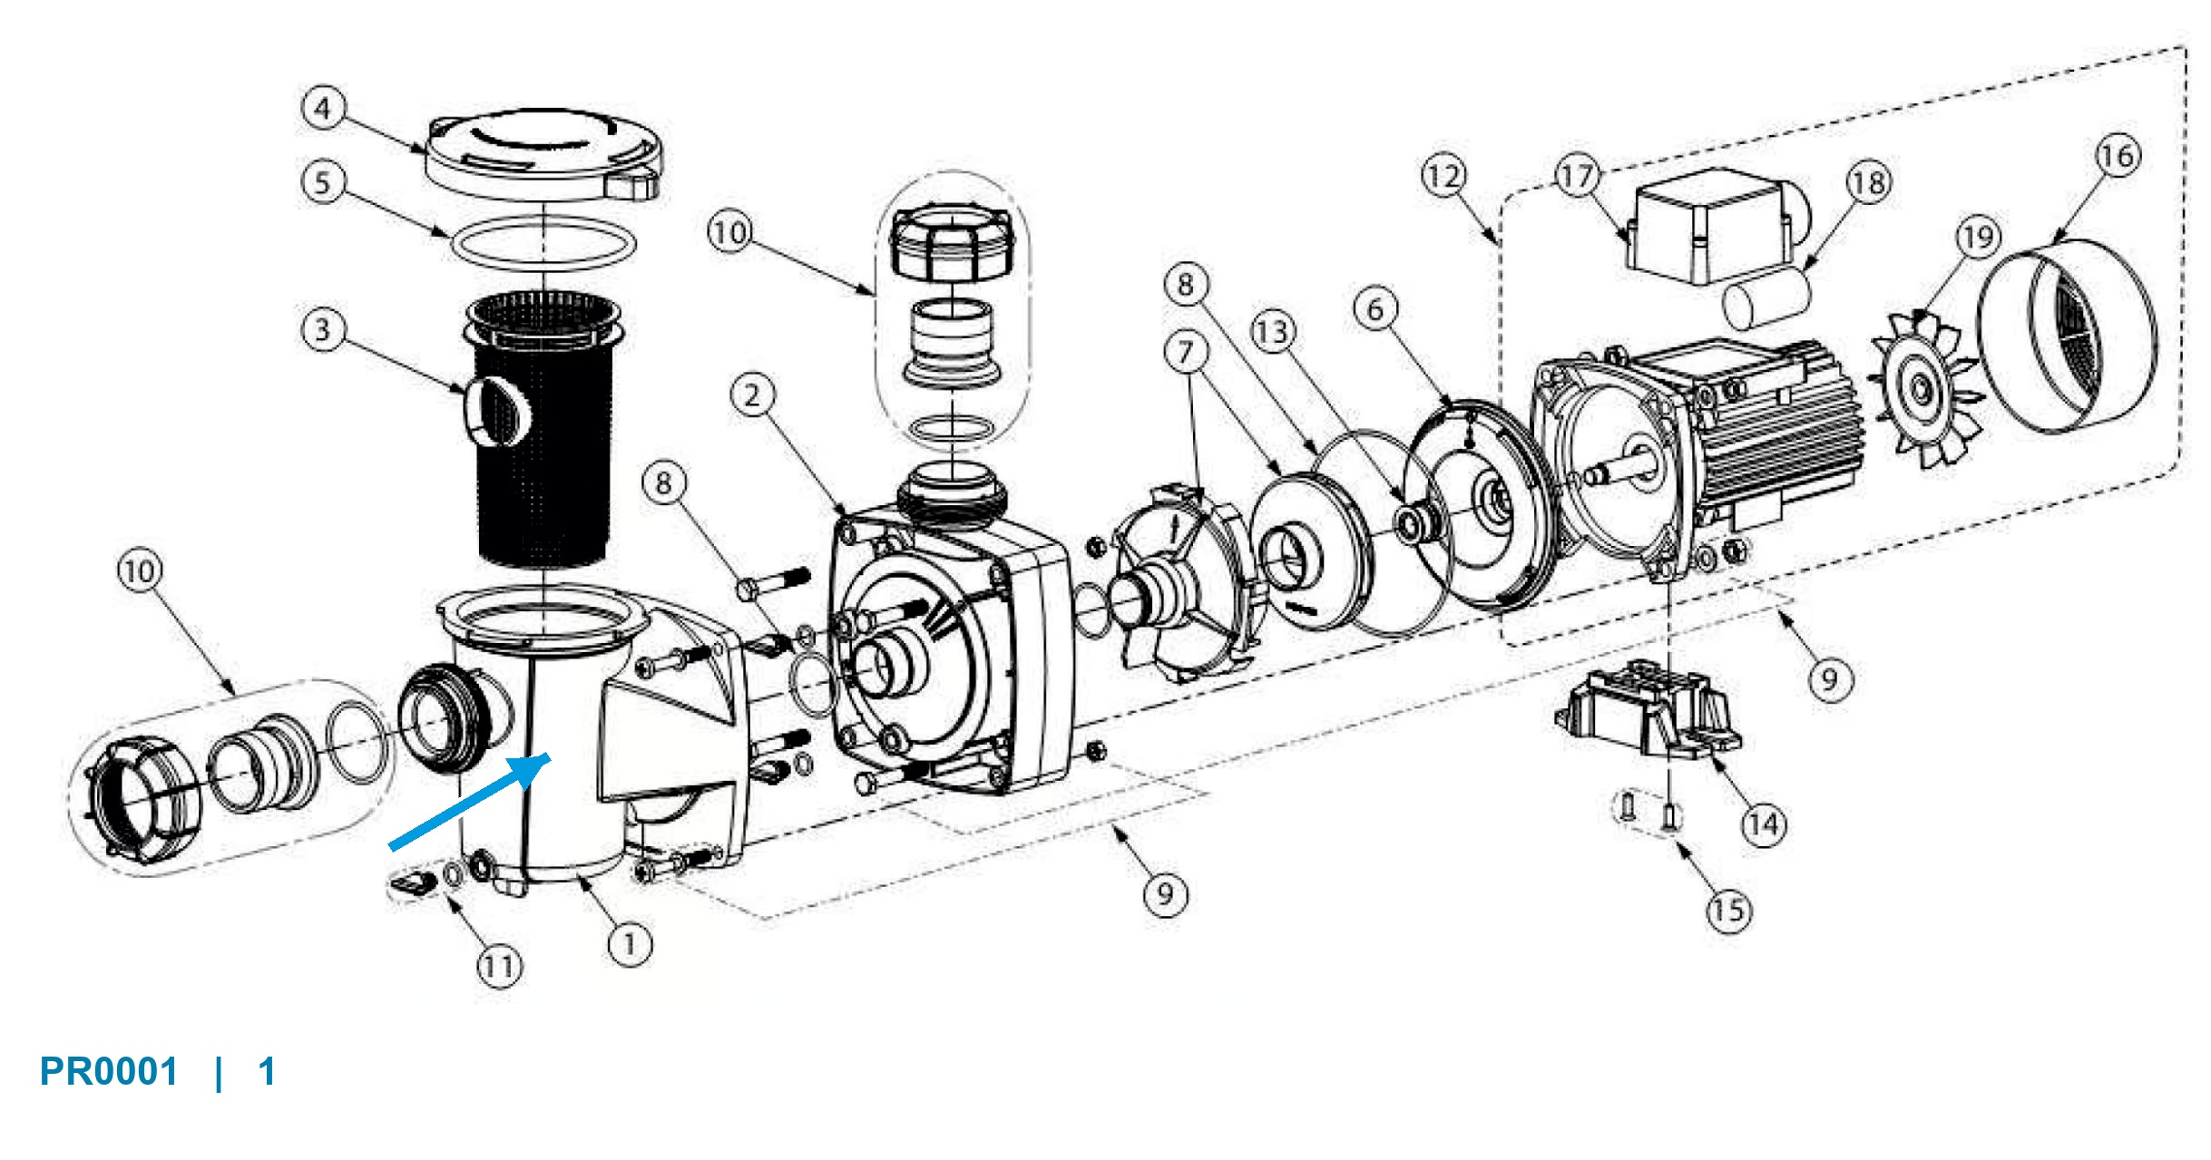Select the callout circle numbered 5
pos(323,182)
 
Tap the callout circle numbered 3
pos(323,329)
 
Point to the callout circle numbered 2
pos(753,395)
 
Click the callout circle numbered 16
pos(2118,156)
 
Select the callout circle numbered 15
pos(1728,910)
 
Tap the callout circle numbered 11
pos(500,967)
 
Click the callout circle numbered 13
pos(1273,332)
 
